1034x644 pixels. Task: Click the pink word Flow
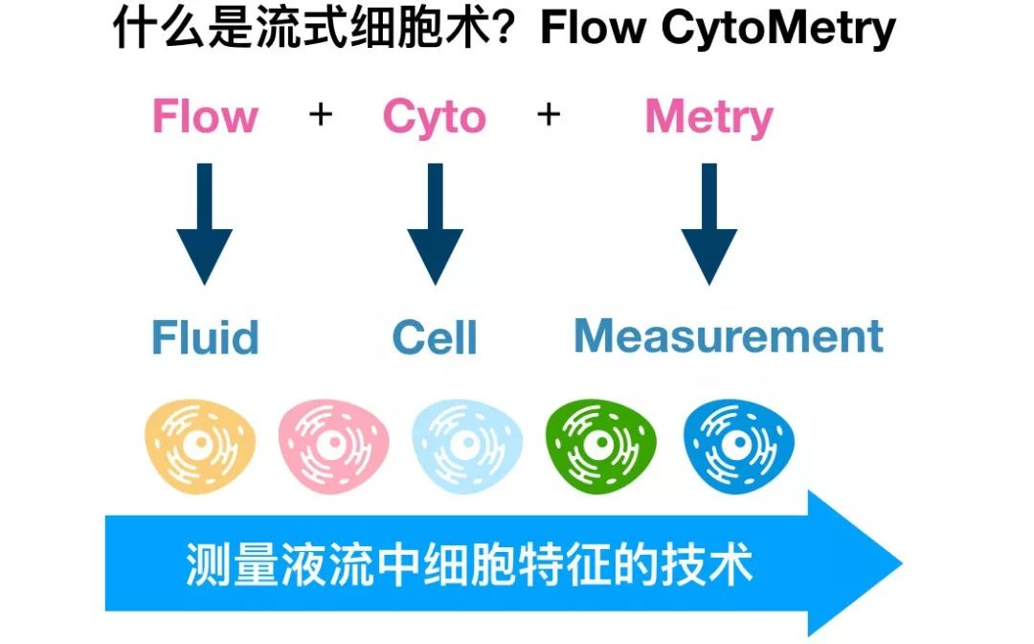click(205, 118)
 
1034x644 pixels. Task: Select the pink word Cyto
click(434, 118)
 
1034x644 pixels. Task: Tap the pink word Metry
click(708, 118)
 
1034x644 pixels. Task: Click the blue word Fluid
click(205, 338)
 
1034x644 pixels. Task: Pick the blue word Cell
click(435, 338)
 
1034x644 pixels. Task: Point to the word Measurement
click(728, 336)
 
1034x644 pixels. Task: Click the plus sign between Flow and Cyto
click(321, 116)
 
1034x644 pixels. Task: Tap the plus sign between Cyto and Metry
click(548, 116)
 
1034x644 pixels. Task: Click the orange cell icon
click(200, 443)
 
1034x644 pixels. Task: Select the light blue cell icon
click(467, 443)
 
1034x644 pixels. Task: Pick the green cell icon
click(601, 443)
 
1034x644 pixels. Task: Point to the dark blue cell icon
click(738, 443)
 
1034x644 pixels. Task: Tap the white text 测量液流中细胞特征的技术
click(468, 564)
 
